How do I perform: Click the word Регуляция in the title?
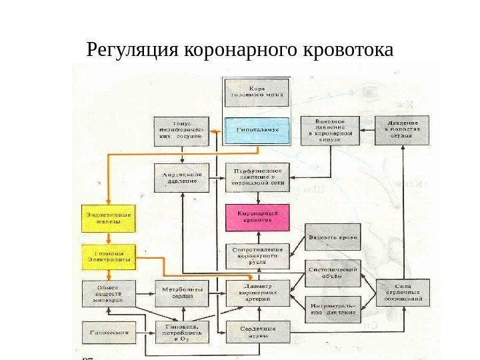pyautogui.click(x=133, y=50)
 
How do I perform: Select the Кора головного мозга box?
pyautogui.click(x=257, y=93)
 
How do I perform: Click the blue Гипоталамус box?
pyautogui.click(x=257, y=129)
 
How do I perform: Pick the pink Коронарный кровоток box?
pyautogui.click(x=257, y=217)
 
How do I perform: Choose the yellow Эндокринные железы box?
pyautogui.click(x=107, y=218)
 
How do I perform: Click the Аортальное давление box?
pyautogui.click(x=181, y=177)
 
